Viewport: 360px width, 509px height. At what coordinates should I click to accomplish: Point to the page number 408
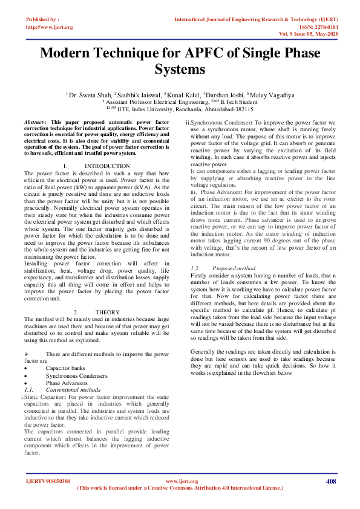pyautogui.click(x=330, y=481)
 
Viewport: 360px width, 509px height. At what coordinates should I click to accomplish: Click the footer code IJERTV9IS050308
pyautogui.click(x=48, y=481)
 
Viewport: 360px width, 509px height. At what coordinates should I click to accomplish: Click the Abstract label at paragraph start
pyautogui.click(x=33, y=122)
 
